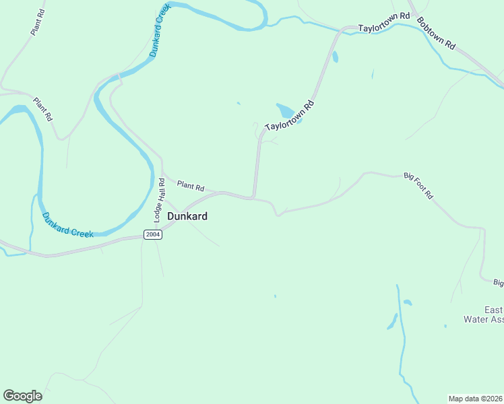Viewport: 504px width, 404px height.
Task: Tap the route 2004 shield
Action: tap(152, 234)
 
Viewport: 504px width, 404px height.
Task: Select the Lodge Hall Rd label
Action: tap(160, 200)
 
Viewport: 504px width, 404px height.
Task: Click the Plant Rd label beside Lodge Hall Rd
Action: tap(191, 185)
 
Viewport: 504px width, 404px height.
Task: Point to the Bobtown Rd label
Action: tap(436, 32)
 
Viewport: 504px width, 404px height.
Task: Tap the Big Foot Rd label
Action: tap(418, 185)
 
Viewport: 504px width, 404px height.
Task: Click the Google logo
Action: tap(22, 396)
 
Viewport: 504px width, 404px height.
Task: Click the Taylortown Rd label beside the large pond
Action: tap(290, 116)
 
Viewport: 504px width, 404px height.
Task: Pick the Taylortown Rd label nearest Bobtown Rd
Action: tap(383, 29)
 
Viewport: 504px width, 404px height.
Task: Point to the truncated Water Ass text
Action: tap(484, 319)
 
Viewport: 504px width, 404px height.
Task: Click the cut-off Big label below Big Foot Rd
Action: tap(498, 283)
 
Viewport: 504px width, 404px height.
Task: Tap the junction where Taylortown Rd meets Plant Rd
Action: tap(253, 198)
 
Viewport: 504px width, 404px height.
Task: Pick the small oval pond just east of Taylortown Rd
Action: tap(335, 57)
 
